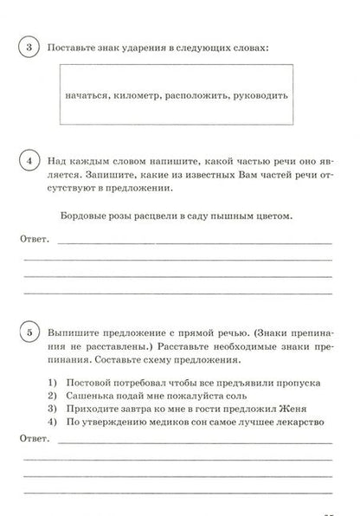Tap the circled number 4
click(29, 160)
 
